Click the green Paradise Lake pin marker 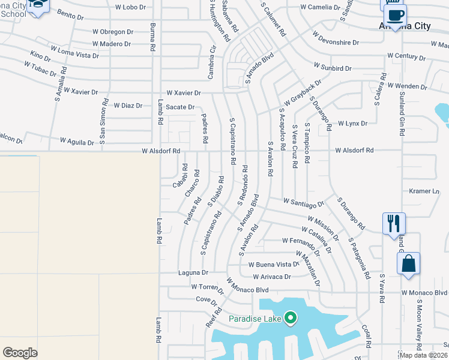pyautogui.click(x=291, y=317)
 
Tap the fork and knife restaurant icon pyautogui.click(x=394, y=223)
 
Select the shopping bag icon pyautogui.click(x=408, y=263)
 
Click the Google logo pyautogui.click(x=20, y=353)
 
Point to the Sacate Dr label pyautogui.click(x=181, y=107)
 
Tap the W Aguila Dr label pyautogui.click(x=77, y=143)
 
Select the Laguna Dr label pyautogui.click(x=193, y=272)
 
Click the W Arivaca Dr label pyautogui.click(x=271, y=277)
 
